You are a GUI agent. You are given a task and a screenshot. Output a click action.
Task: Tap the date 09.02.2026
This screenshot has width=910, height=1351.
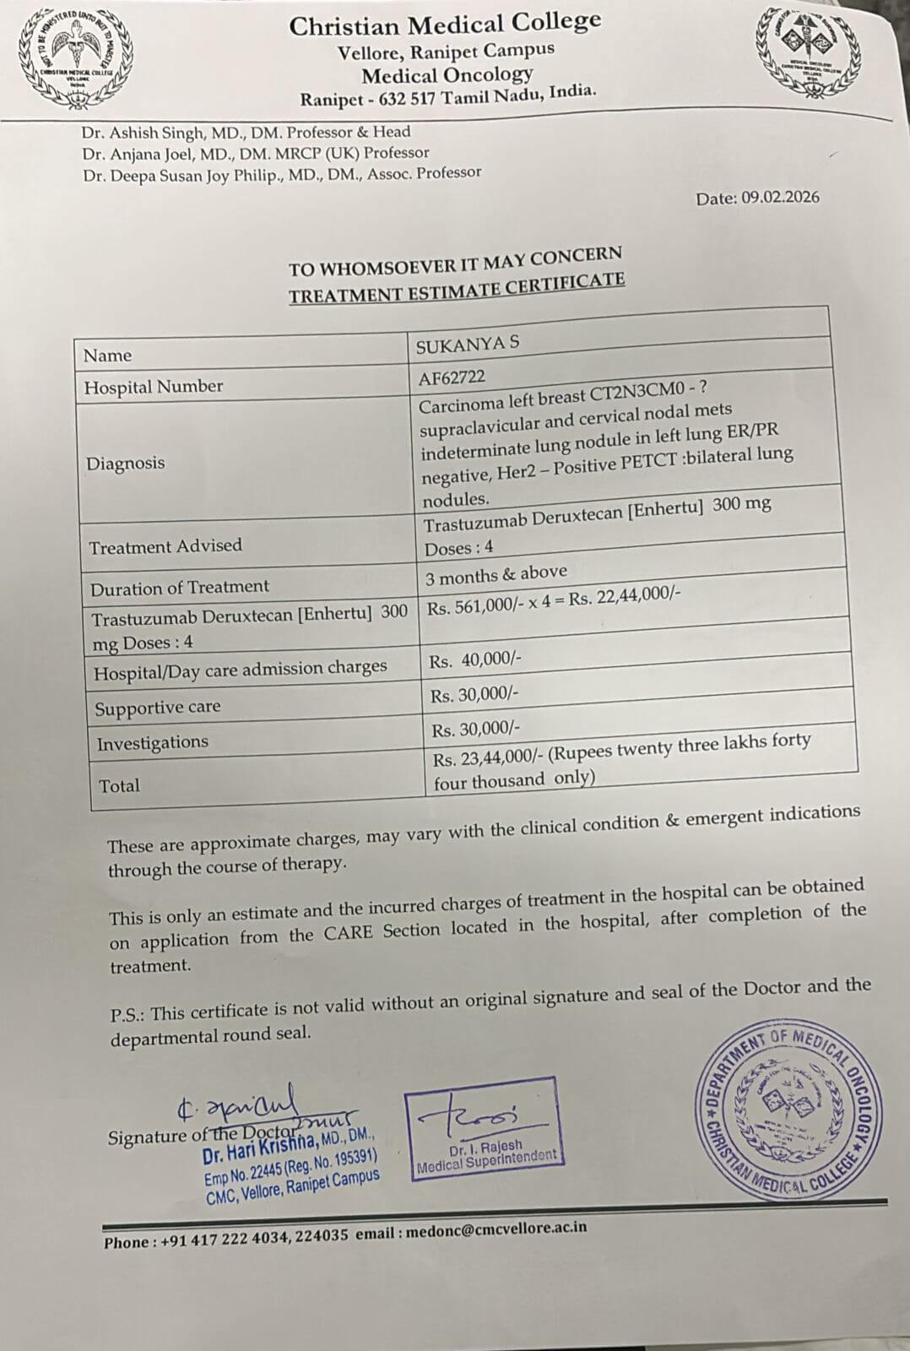click(780, 198)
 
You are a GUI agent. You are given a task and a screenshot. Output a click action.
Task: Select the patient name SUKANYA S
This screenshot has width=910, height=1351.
click(468, 345)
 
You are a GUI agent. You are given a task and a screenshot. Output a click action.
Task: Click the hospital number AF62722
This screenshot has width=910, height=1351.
click(452, 377)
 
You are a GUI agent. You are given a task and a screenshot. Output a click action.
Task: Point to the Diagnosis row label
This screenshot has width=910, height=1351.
click(125, 463)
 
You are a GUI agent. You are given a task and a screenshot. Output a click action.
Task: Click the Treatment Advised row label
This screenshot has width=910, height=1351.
click(165, 546)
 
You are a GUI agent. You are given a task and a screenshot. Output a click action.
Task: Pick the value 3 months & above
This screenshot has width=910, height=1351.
click(496, 575)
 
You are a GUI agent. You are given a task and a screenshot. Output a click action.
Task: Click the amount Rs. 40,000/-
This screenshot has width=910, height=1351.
click(475, 660)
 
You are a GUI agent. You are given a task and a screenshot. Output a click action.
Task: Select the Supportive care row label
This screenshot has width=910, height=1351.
click(158, 708)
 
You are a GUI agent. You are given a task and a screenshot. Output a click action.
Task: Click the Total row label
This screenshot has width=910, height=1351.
click(119, 786)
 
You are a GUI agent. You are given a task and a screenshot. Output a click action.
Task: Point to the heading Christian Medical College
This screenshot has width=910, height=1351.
click(445, 24)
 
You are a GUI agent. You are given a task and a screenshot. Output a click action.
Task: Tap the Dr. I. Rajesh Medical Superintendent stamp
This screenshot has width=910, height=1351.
click(485, 1130)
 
